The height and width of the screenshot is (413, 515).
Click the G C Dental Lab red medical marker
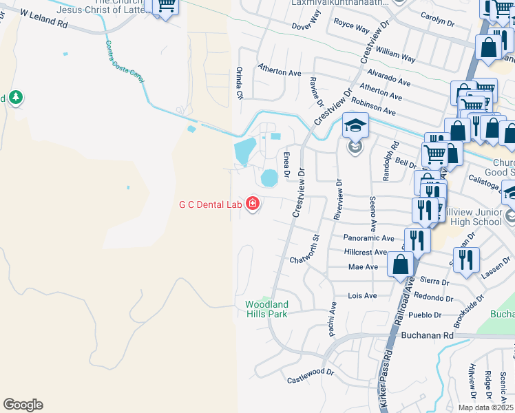click(253, 204)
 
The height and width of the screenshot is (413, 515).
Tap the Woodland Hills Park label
click(267, 308)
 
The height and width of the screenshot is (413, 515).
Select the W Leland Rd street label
click(45, 18)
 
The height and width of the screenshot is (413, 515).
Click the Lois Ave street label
click(363, 295)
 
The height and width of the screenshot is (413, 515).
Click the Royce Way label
click(351, 28)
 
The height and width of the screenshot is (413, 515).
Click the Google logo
click(23, 405)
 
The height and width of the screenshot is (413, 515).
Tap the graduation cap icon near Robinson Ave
click(355, 126)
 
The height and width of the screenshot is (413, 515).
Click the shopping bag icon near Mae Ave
click(401, 264)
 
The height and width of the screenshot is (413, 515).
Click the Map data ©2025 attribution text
click(485, 407)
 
